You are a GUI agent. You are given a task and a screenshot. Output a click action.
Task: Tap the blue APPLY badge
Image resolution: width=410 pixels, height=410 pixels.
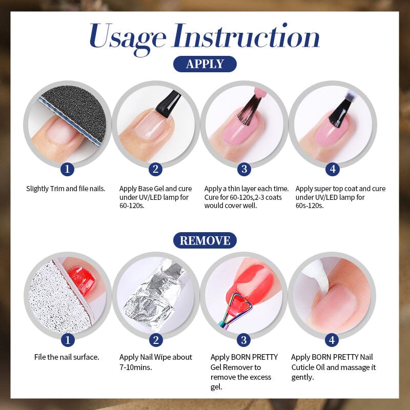(204, 64)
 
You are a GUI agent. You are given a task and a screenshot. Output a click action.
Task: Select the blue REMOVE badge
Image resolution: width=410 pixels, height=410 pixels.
(204, 240)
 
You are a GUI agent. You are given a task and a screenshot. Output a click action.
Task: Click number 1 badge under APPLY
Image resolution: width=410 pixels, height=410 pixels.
(67, 169)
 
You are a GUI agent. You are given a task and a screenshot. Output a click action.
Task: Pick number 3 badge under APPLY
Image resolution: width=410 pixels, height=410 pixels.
(243, 169)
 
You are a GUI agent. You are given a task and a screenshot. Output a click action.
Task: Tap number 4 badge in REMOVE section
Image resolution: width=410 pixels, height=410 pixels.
(332, 340)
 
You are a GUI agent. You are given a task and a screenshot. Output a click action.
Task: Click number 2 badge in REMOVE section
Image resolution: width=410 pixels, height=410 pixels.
(156, 340)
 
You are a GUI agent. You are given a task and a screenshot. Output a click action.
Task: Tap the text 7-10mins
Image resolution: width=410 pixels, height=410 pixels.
(135, 367)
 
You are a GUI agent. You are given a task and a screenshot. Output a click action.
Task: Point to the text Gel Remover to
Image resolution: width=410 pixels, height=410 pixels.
(236, 367)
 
